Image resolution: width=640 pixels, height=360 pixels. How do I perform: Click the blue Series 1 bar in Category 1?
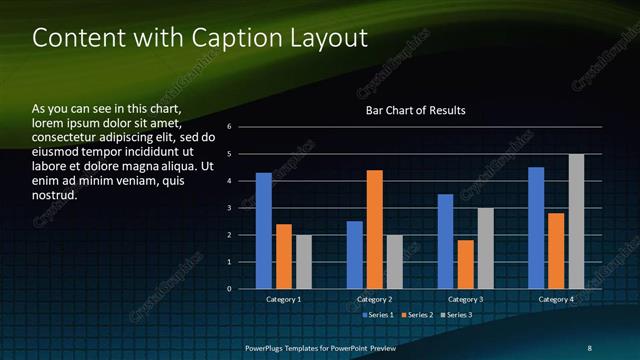pos(263,231)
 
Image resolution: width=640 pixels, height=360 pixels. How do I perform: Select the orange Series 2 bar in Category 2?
pos(375,229)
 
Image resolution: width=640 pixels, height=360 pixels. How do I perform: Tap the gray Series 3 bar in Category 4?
pos(576,221)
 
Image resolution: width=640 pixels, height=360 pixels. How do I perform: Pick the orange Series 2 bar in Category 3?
pos(465,264)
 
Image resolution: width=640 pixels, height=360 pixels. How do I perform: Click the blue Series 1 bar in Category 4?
pos(536,228)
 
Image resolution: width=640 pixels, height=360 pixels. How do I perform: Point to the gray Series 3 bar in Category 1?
pos(304,262)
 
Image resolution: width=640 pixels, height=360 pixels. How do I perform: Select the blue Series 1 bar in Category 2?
pos(354,255)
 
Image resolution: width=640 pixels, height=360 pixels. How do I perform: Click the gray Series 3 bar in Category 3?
pos(485,248)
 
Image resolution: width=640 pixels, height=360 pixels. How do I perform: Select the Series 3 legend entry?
pos(458,315)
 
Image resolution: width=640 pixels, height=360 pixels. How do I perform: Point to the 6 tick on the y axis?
pos(230,127)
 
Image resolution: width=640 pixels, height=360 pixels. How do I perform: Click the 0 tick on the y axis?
pos(230,289)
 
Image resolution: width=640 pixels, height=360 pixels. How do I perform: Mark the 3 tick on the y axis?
pos(230,208)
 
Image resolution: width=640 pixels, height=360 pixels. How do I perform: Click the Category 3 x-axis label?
pos(465,299)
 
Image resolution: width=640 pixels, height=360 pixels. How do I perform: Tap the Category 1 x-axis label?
pos(284,299)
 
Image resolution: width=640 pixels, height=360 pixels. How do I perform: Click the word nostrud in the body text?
pos(55,195)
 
